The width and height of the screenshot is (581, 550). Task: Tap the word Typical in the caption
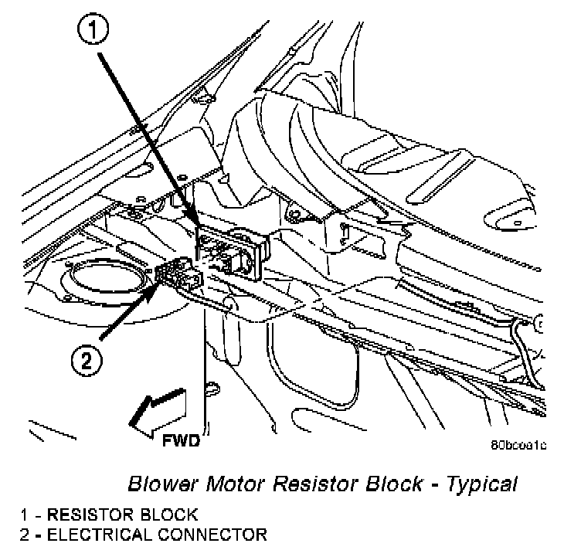click(479, 485)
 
